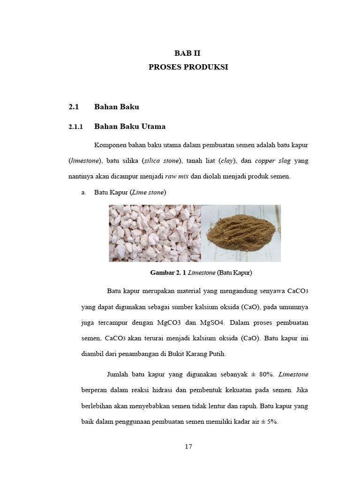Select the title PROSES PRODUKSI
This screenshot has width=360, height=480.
pyautogui.click(x=188, y=67)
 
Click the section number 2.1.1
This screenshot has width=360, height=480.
pyautogui.click(x=75, y=127)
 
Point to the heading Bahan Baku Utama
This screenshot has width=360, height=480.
pyautogui.click(x=130, y=126)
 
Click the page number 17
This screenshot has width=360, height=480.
pyautogui.click(x=188, y=446)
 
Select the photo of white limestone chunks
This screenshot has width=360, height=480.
pyautogui.click(x=155, y=233)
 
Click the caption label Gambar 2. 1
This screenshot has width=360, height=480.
pyautogui.click(x=168, y=272)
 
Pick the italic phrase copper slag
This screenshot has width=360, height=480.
pyautogui.click(x=273, y=161)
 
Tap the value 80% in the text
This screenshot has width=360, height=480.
pyautogui.click(x=266, y=374)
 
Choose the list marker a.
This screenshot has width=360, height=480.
pyautogui.click(x=84, y=192)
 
